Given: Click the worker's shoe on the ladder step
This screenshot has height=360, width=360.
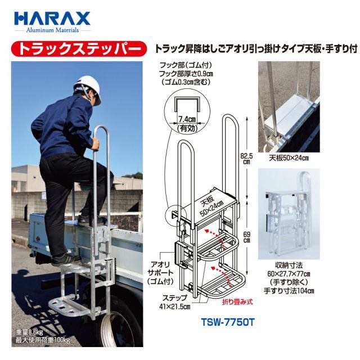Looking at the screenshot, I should coord(66,259).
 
